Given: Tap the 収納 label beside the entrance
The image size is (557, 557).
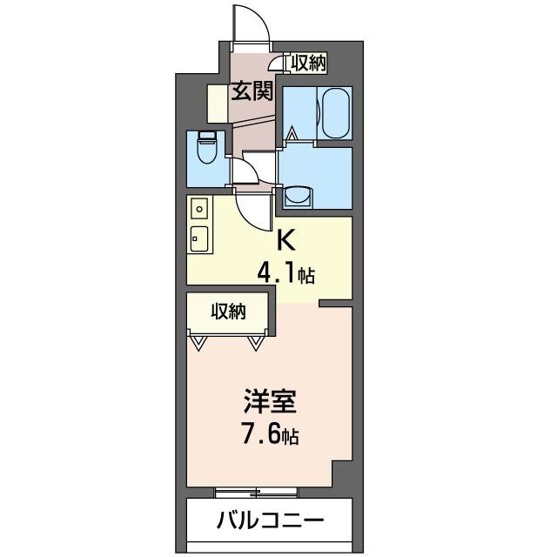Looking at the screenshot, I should [308, 62].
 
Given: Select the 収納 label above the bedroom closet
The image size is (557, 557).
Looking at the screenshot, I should [228, 312].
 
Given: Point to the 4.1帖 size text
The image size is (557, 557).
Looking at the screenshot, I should [285, 276].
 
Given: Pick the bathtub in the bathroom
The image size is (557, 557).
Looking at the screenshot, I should [334, 112].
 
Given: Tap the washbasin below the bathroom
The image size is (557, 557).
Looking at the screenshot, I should [299, 196].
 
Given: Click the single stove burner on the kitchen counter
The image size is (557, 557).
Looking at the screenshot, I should [199, 210].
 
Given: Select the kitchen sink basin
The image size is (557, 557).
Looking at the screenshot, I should [199, 236].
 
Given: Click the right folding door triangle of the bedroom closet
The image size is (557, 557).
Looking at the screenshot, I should [256, 343].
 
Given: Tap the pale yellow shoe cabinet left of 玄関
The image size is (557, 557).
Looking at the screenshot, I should [218, 104].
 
